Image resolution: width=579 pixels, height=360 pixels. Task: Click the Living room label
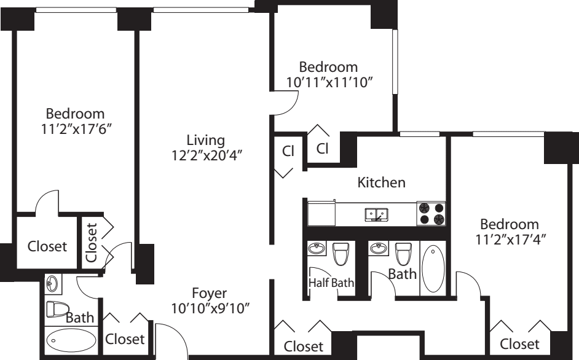(x=206, y=140)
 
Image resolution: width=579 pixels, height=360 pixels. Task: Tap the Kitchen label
(x=382, y=182)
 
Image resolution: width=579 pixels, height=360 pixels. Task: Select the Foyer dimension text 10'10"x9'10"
(x=210, y=308)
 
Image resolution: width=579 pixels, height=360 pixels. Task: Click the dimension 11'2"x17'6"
(x=76, y=129)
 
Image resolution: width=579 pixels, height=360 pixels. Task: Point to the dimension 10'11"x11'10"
(x=328, y=82)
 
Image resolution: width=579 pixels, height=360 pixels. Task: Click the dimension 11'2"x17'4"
(x=510, y=240)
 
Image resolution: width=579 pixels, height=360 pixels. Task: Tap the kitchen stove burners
(x=431, y=213)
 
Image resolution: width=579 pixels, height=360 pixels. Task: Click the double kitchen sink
(x=376, y=214)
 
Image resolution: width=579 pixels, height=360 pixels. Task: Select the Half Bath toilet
(x=340, y=254)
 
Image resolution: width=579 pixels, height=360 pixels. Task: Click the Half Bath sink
(x=317, y=248)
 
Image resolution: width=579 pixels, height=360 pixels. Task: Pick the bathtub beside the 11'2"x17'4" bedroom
(x=433, y=268)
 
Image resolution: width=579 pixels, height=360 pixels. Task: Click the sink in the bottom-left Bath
(x=52, y=284)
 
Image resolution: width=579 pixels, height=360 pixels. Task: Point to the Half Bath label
(x=331, y=283)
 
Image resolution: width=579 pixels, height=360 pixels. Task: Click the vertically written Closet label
(x=91, y=242)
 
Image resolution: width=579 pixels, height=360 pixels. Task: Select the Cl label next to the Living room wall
(x=288, y=151)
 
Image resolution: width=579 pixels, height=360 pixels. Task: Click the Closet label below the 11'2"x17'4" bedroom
(x=519, y=344)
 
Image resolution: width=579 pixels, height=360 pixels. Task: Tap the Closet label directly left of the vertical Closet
(x=47, y=246)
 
